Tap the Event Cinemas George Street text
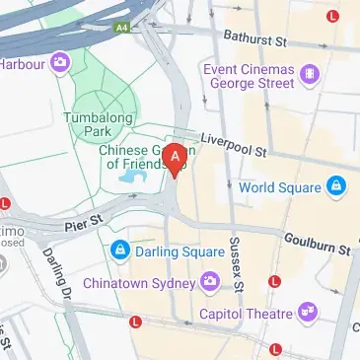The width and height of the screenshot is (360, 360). tap(249, 77)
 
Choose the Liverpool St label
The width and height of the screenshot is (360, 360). tap(233, 146)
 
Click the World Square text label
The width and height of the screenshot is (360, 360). tap(280, 187)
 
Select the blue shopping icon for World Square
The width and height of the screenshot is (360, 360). tap(336, 186)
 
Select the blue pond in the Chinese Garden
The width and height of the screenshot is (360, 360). tap(130, 178)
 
